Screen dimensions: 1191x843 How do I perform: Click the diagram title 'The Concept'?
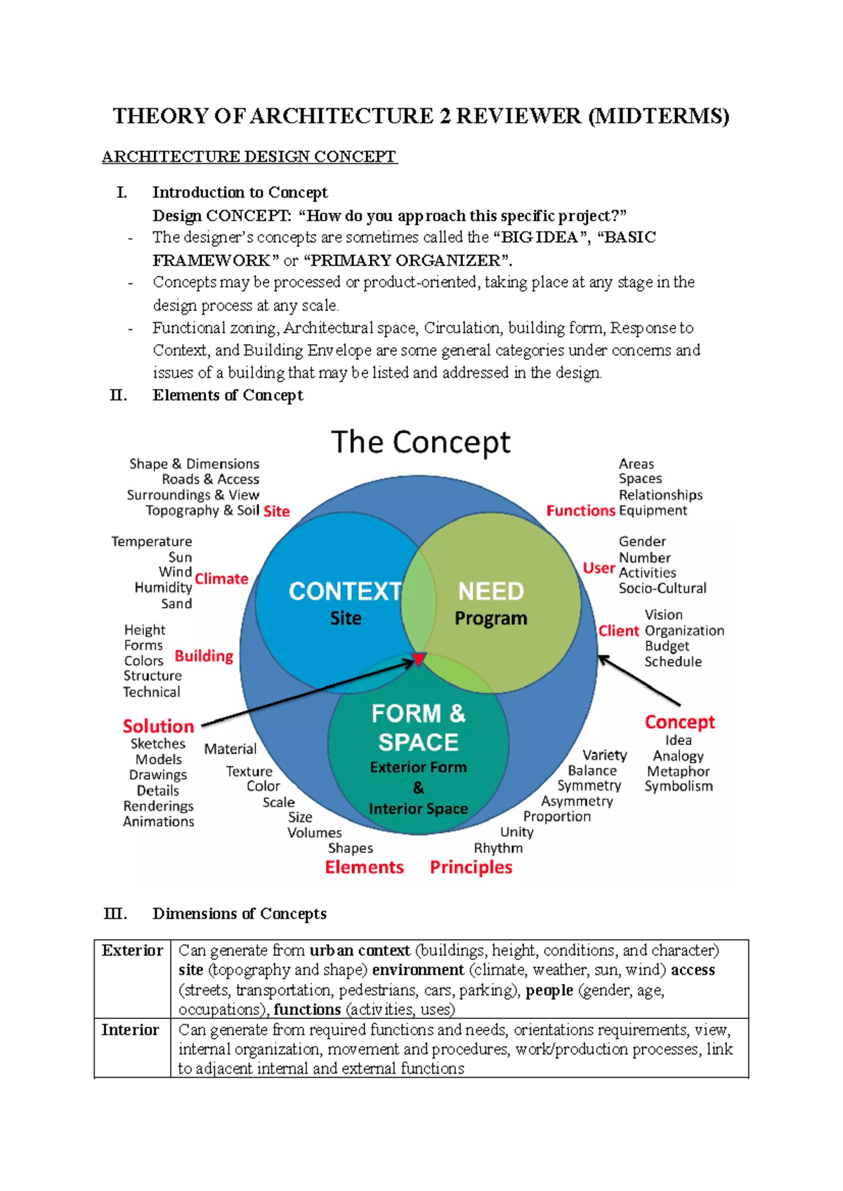click(420, 443)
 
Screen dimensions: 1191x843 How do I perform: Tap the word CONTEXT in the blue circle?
click(344, 591)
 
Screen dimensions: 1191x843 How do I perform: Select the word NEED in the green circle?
click(490, 591)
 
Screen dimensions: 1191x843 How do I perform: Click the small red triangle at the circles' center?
click(419, 659)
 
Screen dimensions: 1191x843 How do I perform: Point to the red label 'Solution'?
click(158, 726)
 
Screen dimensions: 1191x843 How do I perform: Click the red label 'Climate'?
click(221, 579)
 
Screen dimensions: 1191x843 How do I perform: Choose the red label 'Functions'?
click(580, 511)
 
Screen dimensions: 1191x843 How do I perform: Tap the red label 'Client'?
click(618, 631)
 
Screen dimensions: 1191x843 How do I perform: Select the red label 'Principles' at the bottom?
click(471, 867)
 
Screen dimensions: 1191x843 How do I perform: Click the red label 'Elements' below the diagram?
click(364, 867)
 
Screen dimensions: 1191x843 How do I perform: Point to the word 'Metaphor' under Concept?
click(678, 771)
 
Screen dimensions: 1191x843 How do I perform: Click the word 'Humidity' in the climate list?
click(163, 588)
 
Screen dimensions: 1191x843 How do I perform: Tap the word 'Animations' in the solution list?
click(159, 822)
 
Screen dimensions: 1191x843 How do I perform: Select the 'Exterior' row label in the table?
click(132, 951)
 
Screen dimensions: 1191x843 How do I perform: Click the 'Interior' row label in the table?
click(130, 1030)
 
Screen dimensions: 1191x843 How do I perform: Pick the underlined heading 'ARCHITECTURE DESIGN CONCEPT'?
click(249, 157)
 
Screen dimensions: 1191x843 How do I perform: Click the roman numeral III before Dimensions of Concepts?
click(115, 914)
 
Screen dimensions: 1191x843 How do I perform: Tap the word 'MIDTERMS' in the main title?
click(658, 116)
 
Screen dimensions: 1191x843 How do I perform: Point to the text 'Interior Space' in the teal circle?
click(418, 809)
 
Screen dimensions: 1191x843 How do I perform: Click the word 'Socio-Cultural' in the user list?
click(662, 588)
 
